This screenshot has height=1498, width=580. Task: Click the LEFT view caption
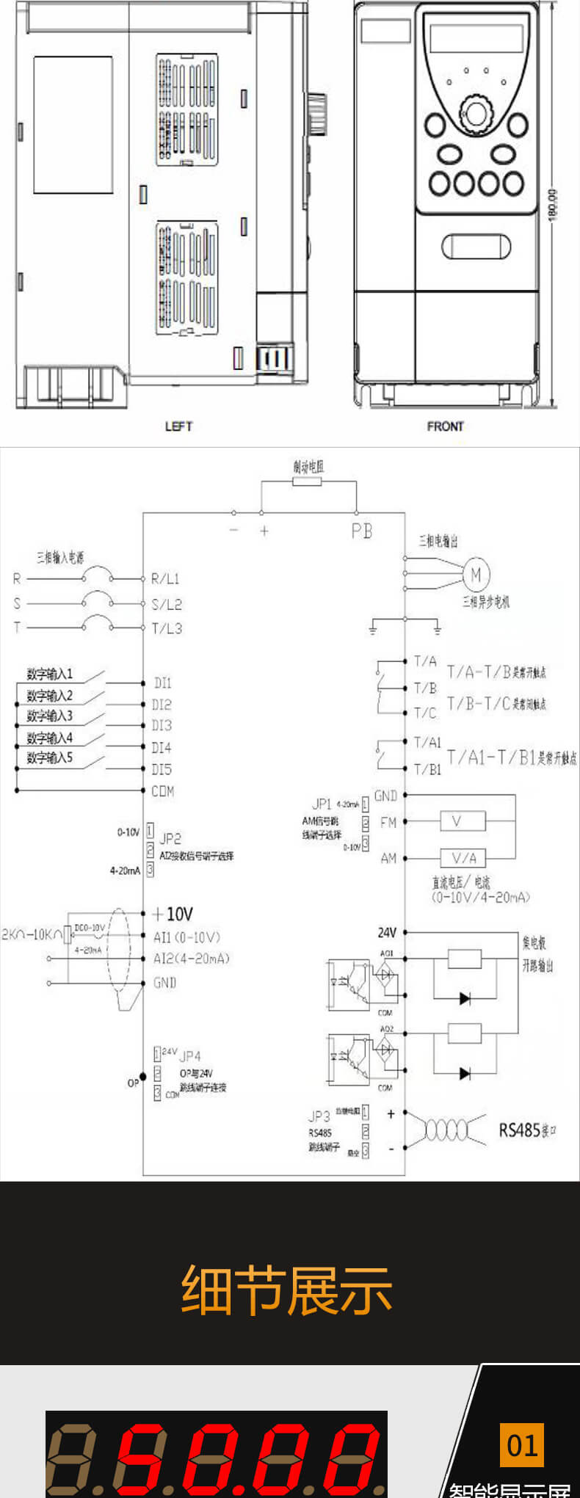(x=178, y=426)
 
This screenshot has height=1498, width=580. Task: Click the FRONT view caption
(x=445, y=426)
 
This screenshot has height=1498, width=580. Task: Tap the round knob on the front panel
(x=475, y=114)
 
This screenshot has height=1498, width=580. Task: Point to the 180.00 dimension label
(x=553, y=205)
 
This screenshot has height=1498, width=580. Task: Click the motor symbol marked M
(x=476, y=574)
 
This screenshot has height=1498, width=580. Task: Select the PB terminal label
(x=361, y=531)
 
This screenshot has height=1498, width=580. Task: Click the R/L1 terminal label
(x=165, y=578)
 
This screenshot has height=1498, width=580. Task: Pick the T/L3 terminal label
(x=167, y=628)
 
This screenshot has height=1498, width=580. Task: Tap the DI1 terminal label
(x=162, y=683)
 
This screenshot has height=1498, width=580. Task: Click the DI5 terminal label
(x=162, y=769)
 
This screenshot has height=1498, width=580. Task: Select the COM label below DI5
(x=162, y=791)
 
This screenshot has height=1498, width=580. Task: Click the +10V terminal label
(x=173, y=914)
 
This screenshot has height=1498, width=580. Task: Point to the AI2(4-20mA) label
(x=191, y=959)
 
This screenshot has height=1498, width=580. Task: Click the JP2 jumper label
(x=170, y=838)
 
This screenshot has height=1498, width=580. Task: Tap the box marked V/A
(x=463, y=857)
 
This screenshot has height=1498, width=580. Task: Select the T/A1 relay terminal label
(x=427, y=742)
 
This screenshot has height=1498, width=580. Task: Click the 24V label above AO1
(x=387, y=932)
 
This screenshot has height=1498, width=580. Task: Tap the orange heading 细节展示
(x=286, y=1290)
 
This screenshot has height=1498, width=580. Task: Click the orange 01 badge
(x=522, y=1445)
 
